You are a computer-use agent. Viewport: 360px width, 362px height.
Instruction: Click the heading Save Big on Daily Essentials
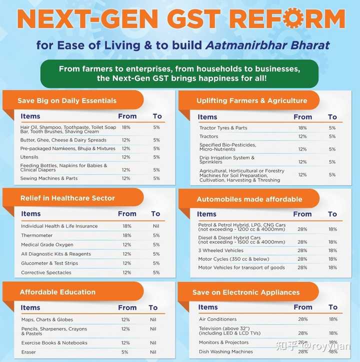pos(67,100)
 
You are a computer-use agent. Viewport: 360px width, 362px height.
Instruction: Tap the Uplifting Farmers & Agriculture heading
pos(251,100)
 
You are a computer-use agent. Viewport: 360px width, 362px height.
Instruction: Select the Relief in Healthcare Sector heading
pos(67,198)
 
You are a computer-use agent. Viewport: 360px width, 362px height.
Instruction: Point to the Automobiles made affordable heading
pos(249,199)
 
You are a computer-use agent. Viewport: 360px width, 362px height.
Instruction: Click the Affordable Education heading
pos(57,292)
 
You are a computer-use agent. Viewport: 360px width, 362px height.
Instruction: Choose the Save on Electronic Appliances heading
pos(246,292)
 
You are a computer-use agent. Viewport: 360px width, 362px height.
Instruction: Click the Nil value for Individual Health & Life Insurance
pos(156,226)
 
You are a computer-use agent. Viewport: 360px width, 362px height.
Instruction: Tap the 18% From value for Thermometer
pos(127,235)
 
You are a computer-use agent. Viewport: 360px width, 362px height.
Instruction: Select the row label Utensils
pos(30,157)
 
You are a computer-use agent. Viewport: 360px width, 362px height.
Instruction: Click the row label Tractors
pos(209,136)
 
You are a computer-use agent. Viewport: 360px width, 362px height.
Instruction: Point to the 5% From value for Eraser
pos(125,352)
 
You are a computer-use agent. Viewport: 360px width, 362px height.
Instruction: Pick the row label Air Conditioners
pos(218,319)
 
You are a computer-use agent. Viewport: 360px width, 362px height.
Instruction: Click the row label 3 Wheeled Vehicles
pos(220,250)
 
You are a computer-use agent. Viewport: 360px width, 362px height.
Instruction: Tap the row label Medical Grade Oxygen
pos(47,245)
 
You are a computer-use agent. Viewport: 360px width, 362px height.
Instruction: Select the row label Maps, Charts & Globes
pos(47,319)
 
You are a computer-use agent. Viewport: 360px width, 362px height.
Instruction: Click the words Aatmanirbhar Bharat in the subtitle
pos(267,45)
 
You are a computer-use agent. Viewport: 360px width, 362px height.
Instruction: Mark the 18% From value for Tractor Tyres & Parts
pos(302,128)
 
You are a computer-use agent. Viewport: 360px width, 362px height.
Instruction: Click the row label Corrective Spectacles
pos(46,273)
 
